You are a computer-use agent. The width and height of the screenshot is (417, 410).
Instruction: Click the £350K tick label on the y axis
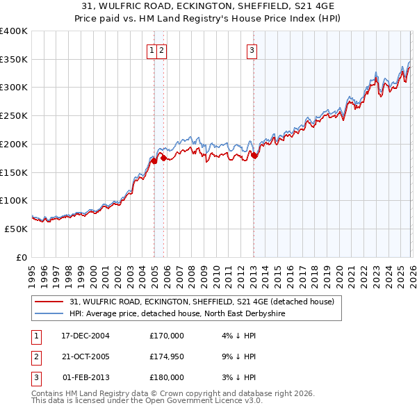tap(14, 59)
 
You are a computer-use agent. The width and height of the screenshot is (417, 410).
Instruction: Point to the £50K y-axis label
tap(16, 229)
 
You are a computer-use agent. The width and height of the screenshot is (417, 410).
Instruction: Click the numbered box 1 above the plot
tap(152, 49)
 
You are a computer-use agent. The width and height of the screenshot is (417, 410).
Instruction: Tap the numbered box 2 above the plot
tap(161, 49)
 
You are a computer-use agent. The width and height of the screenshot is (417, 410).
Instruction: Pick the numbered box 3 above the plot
tap(251, 49)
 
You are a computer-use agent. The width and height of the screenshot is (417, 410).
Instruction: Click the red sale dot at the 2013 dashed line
tap(254, 156)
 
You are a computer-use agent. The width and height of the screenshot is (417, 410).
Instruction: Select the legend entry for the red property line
tap(202, 302)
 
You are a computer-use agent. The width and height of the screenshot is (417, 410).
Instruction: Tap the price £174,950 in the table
tap(167, 356)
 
